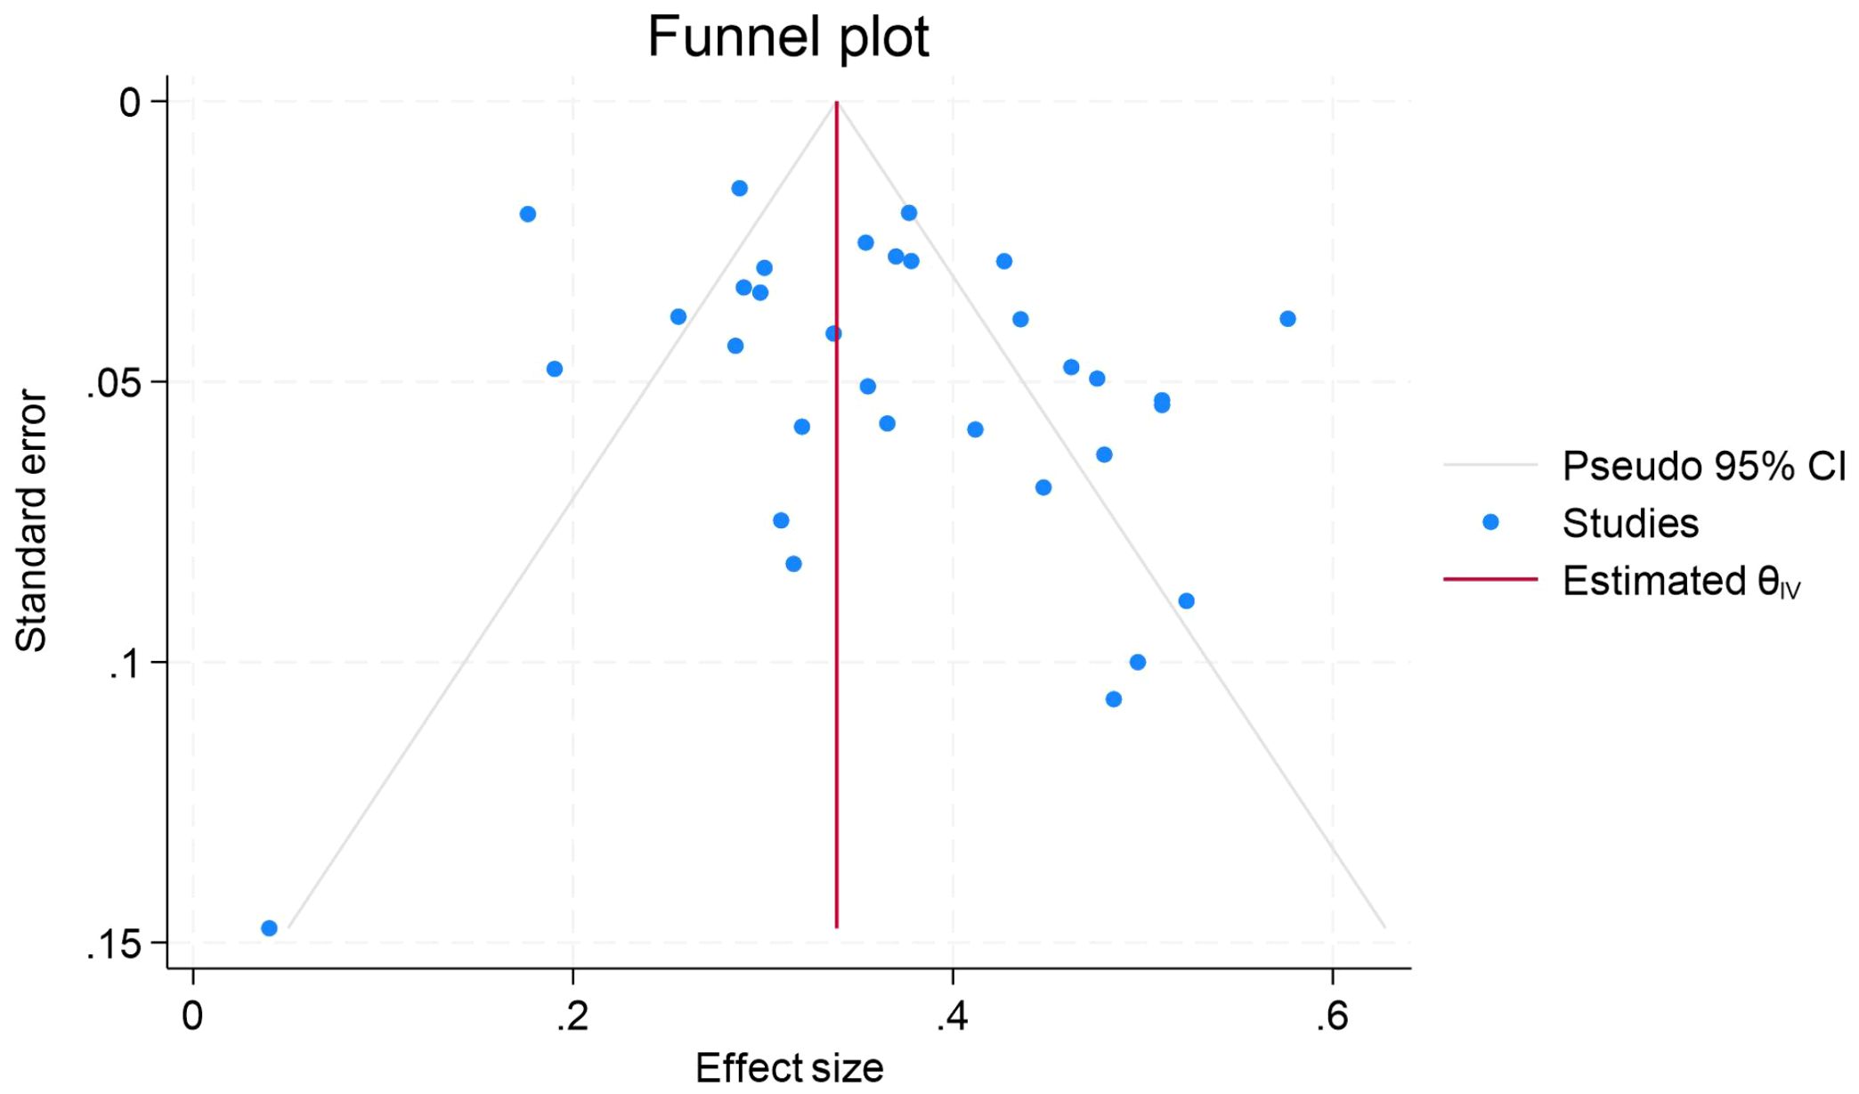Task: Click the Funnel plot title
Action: pos(788,37)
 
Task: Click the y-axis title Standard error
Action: pos(31,521)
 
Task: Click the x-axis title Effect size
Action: pos(789,1067)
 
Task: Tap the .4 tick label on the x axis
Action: pos(951,1016)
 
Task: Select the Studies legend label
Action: pos(1630,523)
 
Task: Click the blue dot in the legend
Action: pos(1490,522)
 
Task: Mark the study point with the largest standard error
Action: pos(269,928)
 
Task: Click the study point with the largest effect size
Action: pos(1287,319)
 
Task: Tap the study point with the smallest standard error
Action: pos(739,188)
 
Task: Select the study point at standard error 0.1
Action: pos(1137,662)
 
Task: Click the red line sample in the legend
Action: pos(1490,580)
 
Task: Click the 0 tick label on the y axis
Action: pos(130,102)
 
